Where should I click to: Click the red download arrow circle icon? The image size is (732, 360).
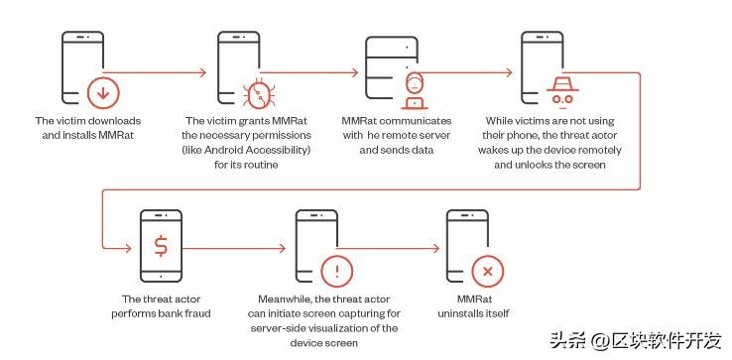click(103, 93)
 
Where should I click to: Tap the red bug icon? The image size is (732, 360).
click(259, 93)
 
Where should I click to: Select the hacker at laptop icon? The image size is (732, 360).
click(415, 90)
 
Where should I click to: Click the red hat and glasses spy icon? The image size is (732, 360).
click(562, 90)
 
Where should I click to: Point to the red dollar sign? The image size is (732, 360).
click(161, 246)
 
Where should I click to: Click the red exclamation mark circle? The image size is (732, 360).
click(337, 272)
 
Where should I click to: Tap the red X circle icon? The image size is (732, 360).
click(488, 272)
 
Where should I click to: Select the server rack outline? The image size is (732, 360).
click(391, 67)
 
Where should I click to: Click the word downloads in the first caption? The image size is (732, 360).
click(114, 121)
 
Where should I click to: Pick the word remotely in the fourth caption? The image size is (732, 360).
click(600, 151)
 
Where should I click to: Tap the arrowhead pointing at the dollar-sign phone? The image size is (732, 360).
click(128, 248)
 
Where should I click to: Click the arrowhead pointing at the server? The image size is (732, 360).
click(354, 72)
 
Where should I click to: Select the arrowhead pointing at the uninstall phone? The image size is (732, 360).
click(435, 248)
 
